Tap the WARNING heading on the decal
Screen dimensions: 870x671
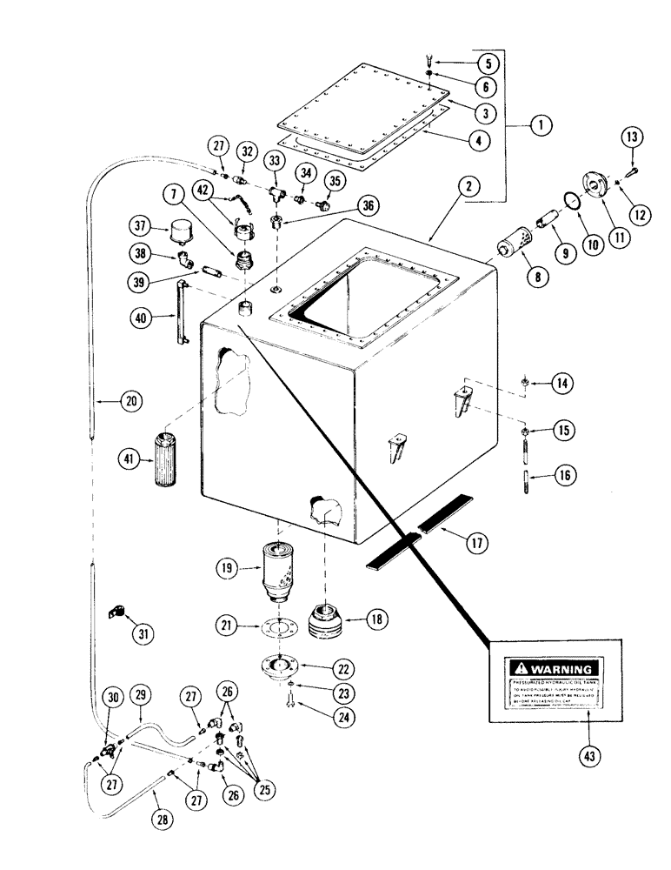tap(553, 669)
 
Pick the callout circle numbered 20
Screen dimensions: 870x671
tap(107, 401)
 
